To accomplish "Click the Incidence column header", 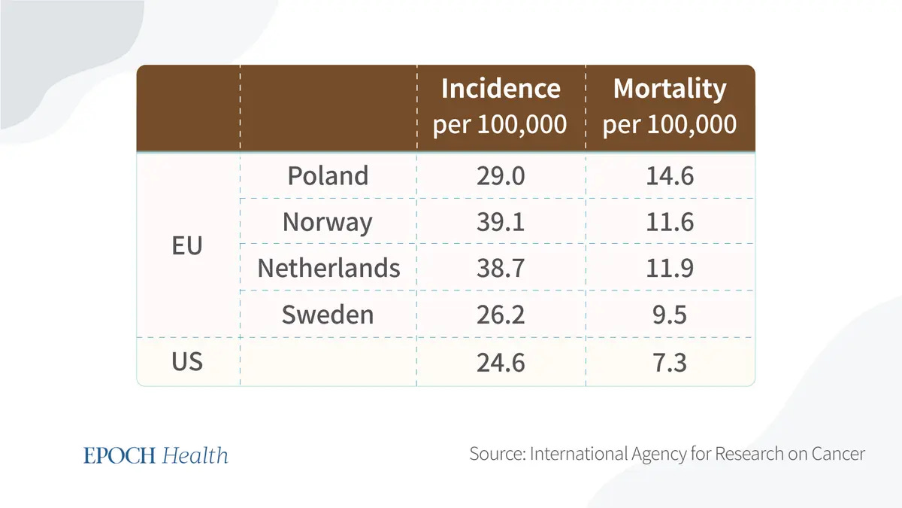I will (x=501, y=106).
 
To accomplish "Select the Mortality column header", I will (x=670, y=106).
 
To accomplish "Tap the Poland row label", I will (x=328, y=176).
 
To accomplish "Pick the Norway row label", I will (x=328, y=222).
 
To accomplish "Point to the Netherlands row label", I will (x=328, y=268).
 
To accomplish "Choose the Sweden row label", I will (x=328, y=315).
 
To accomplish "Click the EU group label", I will (x=187, y=245).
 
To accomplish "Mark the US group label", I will (x=187, y=362).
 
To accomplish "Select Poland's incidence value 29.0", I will (x=501, y=176).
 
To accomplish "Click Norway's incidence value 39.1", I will (x=501, y=222).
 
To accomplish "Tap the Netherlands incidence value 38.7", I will (x=501, y=268).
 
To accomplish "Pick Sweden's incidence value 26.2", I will (x=501, y=315).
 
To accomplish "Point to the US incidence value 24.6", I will (x=501, y=362).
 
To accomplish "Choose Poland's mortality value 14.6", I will (x=670, y=176).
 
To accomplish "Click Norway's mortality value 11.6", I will (x=670, y=222).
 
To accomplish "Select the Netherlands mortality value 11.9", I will (x=670, y=268).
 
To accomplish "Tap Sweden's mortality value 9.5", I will (x=670, y=315).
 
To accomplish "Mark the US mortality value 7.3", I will (x=670, y=362).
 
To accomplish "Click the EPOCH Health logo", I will (x=156, y=455).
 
